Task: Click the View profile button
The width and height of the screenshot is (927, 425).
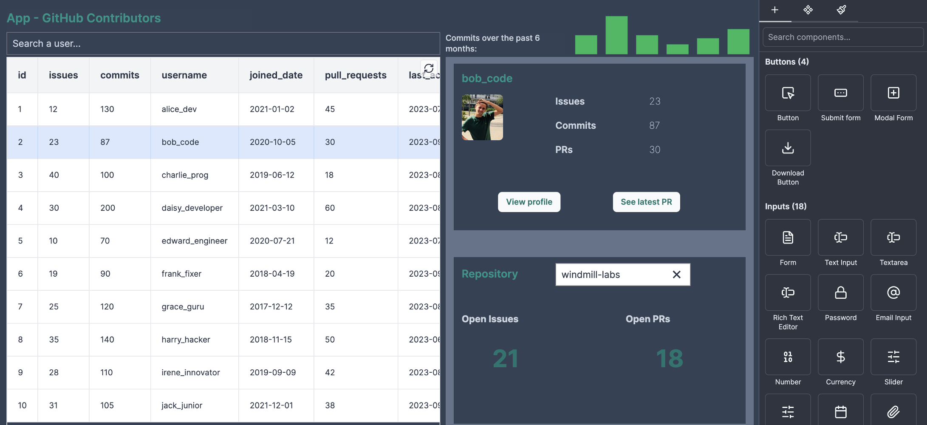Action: point(529,202)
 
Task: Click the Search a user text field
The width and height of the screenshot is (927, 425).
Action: point(223,43)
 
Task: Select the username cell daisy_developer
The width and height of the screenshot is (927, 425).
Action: point(192,208)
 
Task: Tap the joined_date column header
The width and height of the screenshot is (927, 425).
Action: point(276,75)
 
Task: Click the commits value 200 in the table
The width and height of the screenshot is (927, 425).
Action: point(107,208)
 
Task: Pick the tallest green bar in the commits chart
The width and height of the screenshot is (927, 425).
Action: point(616,35)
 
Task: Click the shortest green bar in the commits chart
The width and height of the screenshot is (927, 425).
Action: point(677,49)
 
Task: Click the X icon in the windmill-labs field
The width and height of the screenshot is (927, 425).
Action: point(676,275)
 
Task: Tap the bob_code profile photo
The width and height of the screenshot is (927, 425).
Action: point(482,117)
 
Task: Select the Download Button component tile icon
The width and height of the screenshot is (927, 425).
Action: point(788,148)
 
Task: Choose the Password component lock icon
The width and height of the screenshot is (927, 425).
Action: point(840,292)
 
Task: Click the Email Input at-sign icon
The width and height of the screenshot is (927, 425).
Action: point(893,292)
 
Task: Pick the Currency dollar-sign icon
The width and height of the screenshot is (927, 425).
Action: point(840,357)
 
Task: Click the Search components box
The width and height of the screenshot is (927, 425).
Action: point(843,37)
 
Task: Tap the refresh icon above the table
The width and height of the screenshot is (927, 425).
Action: point(429,68)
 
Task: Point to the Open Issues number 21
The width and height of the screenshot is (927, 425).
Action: point(506,359)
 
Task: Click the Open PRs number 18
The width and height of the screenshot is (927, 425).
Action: point(670,359)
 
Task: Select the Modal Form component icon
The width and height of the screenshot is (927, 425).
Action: point(893,93)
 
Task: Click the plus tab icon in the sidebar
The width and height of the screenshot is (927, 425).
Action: point(774,10)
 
